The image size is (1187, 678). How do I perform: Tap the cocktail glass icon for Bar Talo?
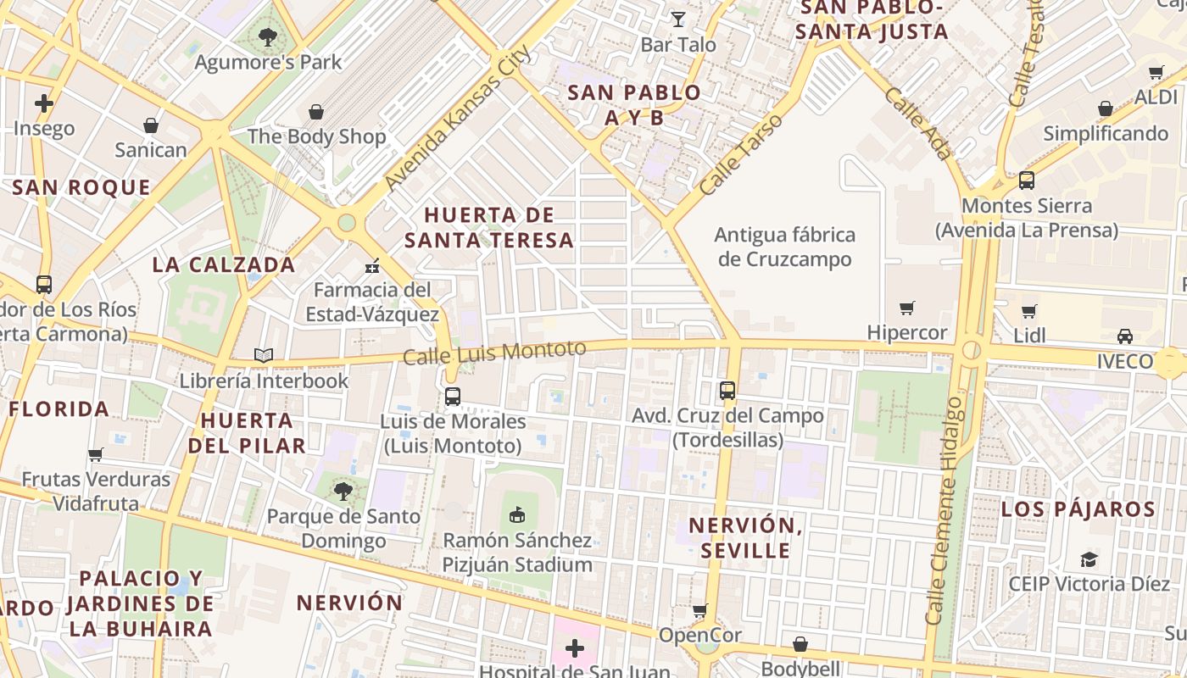678,19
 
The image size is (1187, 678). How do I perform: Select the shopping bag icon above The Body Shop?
316,112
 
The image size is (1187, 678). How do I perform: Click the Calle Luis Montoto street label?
494,353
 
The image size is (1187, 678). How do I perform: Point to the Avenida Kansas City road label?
458,117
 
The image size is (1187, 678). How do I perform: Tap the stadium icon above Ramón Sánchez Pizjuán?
517,514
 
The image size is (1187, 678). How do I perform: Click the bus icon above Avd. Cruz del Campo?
727,391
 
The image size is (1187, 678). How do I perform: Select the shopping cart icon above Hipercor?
907,308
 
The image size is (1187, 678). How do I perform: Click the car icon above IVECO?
1125,336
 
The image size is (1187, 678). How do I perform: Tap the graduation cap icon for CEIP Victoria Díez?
1089,559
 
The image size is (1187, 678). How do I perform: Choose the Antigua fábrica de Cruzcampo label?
785,247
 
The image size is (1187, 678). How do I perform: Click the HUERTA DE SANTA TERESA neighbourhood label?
489,227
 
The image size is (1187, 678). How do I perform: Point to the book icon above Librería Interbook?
264,356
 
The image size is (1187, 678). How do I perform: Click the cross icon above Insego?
44,103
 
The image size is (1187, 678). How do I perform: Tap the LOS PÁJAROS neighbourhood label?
1078,509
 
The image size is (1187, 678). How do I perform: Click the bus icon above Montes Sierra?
1027,181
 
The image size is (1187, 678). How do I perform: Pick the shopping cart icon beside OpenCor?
700,610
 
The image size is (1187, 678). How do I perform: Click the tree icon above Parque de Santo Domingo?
343,492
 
